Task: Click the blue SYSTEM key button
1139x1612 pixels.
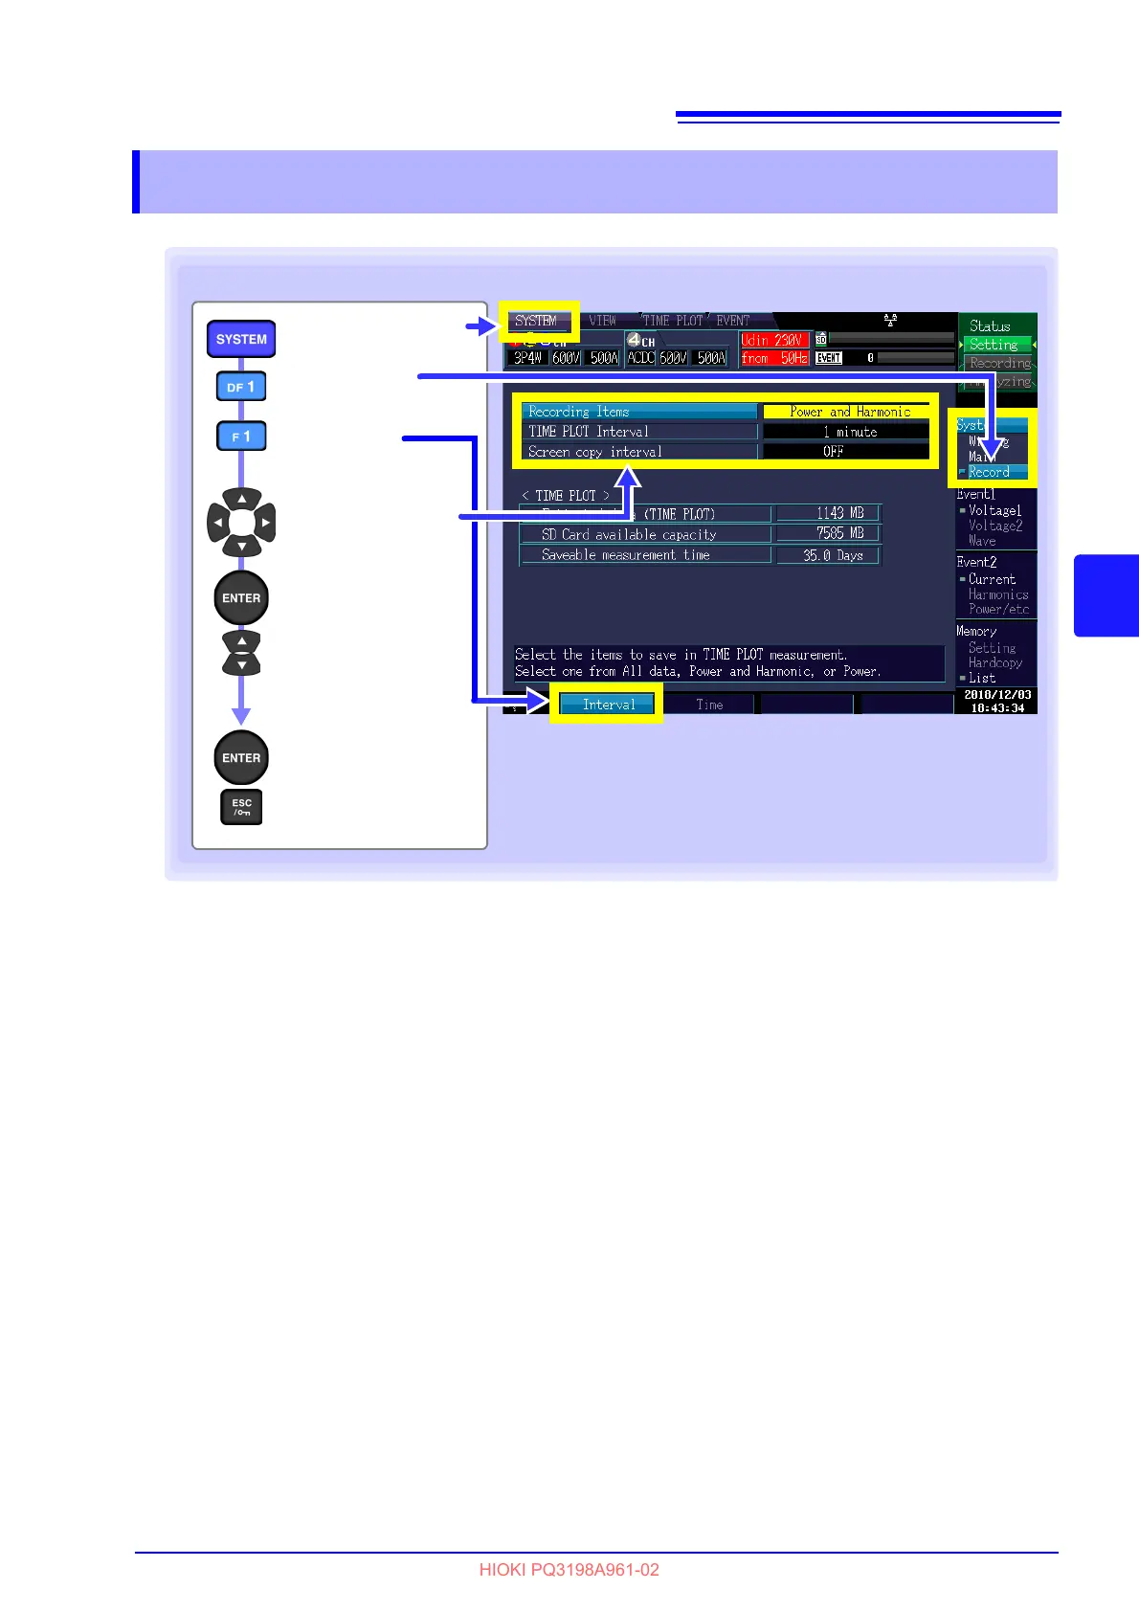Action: point(241,339)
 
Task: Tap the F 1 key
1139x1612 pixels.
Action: point(241,437)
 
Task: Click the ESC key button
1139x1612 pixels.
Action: point(241,807)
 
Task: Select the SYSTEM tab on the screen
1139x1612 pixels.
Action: point(537,322)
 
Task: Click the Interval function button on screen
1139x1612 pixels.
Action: point(609,705)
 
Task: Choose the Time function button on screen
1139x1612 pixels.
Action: point(709,705)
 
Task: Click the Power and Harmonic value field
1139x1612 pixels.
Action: point(847,412)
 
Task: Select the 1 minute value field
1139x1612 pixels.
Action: point(847,432)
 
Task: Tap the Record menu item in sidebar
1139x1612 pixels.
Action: point(990,472)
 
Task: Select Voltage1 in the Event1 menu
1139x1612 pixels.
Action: point(994,510)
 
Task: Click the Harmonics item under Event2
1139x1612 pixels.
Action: point(997,594)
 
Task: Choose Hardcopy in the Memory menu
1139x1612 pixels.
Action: point(994,662)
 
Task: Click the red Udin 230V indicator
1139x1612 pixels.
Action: point(773,340)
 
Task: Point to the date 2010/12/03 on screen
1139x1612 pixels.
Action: point(997,695)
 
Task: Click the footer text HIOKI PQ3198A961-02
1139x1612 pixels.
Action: point(569,1570)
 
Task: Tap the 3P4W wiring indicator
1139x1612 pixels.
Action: point(527,358)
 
